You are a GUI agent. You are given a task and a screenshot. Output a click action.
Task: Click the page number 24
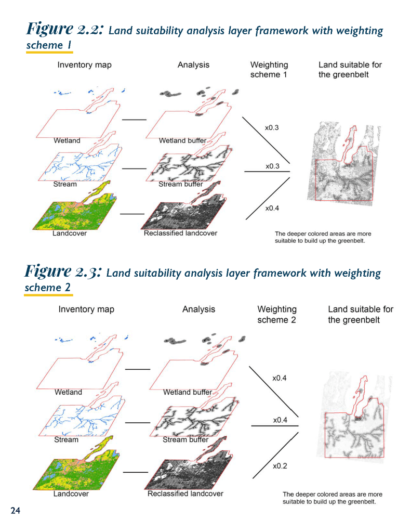pyautogui.click(x=15, y=511)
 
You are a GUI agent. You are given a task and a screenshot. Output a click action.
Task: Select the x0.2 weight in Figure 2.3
pyautogui.click(x=280, y=466)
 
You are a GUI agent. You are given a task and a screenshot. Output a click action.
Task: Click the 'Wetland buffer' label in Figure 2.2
pyautogui.click(x=182, y=141)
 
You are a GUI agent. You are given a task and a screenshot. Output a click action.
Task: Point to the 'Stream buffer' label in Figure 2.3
pyautogui.click(x=185, y=440)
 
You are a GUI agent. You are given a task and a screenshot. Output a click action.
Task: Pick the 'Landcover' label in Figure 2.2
pyautogui.click(x=70, y=233)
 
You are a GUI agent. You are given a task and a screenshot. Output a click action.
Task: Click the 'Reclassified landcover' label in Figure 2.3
pyautogui.click(x=185, y=494)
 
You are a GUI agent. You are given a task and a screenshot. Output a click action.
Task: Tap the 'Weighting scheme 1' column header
pyautogui.click(x=269, y=70)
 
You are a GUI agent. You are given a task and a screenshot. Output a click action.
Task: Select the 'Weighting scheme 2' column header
pyautogui.click(x=276, y=315)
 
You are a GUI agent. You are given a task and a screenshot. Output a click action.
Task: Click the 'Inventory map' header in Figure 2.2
pyautogui.click(x=84, y=65)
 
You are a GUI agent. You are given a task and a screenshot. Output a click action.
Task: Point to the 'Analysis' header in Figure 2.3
pyautogui.click(x=198, y=309)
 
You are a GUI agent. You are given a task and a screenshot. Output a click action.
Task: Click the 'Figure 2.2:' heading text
pyautogui.click(x=67, y=29)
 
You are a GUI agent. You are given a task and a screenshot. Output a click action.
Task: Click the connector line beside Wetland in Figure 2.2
pyautogui.click(x=134, y=120)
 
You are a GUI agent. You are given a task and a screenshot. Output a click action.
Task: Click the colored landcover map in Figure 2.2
pyautogui.click(x=73, y=211)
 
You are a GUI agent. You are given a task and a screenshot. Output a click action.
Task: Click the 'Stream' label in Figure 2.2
pyautogui.click(x=65, y=184)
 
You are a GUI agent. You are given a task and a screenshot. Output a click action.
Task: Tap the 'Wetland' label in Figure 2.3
pyautogui.click(x=68, y=392)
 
